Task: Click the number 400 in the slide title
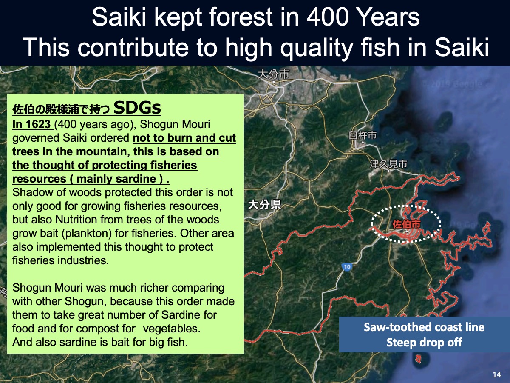(327, 17)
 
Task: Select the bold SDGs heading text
(137, 108)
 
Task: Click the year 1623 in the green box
(38, 124)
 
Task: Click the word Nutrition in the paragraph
(77, 220)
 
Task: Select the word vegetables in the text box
(171, 329)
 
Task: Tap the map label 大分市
(273, 74)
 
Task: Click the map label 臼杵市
(363, 135)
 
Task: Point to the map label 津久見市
(388, 164)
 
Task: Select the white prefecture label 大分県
(265, 205)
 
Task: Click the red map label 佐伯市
(407, 224)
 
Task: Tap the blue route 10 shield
(347, 266)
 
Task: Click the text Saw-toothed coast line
(424, 327)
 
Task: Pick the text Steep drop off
(424, 342)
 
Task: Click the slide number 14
(497, 374)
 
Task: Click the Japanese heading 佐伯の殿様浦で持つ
(61, 109)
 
